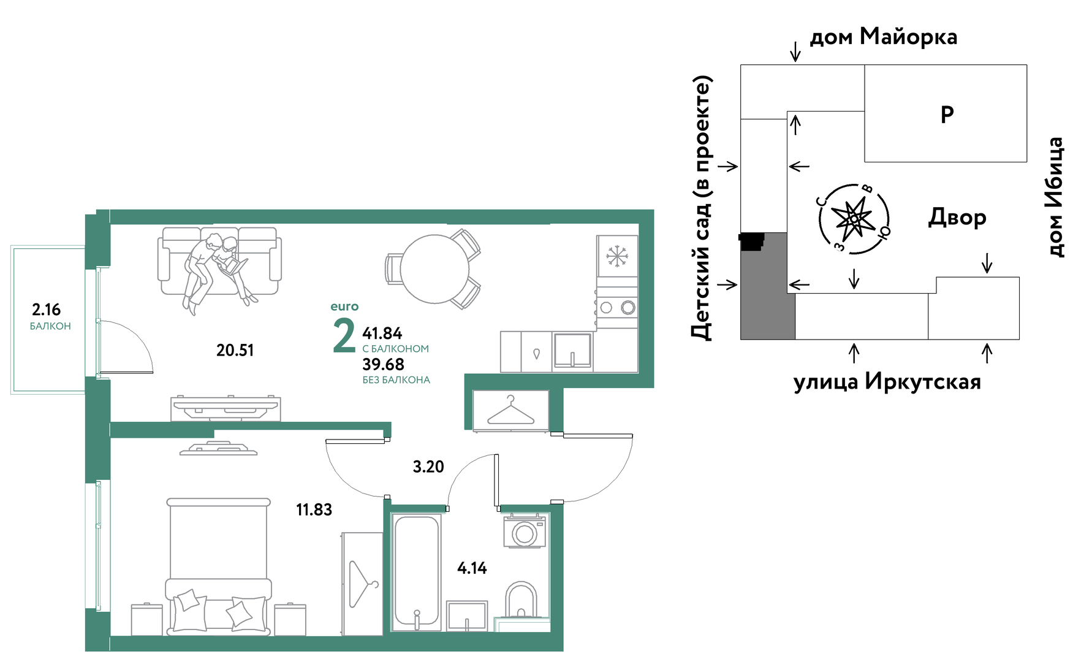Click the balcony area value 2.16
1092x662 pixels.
click(46, 310)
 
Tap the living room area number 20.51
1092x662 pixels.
click(235, 350)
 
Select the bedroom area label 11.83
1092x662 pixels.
click(314, 509)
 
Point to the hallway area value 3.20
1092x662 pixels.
click(428, 466)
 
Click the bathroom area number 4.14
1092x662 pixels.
click(472, 568)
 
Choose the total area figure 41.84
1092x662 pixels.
click(382, 333)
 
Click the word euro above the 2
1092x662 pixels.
click(344, 306)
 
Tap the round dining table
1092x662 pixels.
click(434, 268)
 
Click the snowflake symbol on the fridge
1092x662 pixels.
click(617, 256)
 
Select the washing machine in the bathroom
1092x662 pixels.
click(525, 532)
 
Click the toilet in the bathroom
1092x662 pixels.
click(521, 599)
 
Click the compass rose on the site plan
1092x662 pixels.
click(854, 218)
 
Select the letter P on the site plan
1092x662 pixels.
click(947, 114)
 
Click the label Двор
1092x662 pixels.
click(957, 218)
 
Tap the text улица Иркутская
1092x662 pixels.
click(887, 381)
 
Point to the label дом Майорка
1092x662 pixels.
click(884, 37)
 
